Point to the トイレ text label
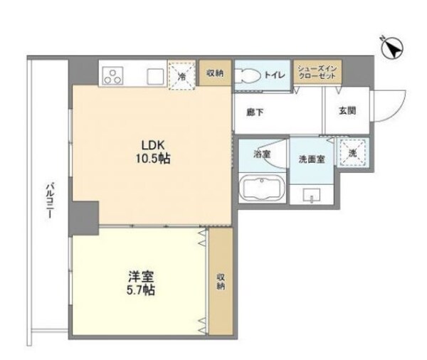pyautogui.click(x=275, y=73)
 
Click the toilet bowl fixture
pyautogui.click(x=248, y=75)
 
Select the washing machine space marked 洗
pyautogui.click(x=351, y=152)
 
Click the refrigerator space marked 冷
pyautogui.click(x=182, y=75)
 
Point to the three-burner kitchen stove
pyautogui.click(x=114, y=74)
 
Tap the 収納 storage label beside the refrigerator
pyautogui.click(x=216, y=73)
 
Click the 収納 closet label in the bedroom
pyautogui.click(x=220, y=281)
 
